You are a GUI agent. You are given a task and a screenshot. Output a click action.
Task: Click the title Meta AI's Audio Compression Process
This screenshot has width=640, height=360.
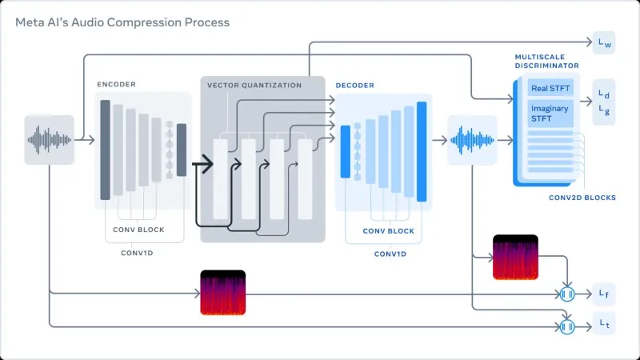122,22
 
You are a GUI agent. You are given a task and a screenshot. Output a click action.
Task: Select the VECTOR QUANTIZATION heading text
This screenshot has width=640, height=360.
254,85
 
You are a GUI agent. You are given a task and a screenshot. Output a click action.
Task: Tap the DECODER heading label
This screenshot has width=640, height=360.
354,85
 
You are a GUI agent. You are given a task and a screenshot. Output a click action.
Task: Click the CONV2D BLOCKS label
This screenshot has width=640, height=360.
582,197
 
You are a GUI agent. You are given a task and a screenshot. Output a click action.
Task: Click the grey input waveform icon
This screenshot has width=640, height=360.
50,139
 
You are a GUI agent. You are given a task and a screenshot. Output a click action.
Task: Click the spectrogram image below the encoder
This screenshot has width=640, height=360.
222,293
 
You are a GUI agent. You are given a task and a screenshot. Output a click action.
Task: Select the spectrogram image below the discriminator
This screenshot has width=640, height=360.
516,258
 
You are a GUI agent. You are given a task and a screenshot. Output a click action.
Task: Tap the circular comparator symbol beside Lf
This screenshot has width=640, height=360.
567,294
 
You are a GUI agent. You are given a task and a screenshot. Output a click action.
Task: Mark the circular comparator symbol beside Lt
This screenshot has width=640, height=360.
567,326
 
